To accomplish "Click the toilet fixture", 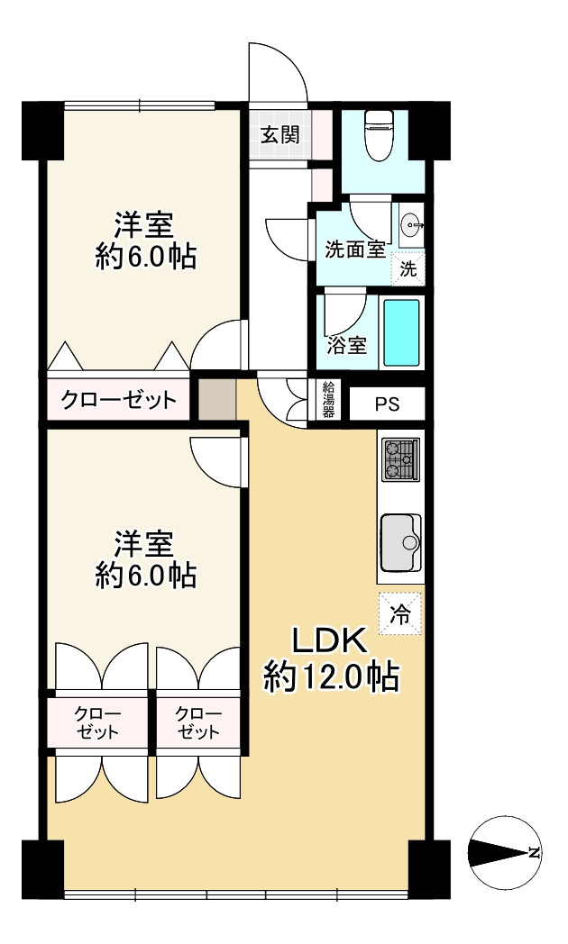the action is pos(380,135).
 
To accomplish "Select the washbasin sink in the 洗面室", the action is pos(412,227).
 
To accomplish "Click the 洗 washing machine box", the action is pos(408,268).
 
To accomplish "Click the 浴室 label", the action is pos(347,346).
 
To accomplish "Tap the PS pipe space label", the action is pos(388,404).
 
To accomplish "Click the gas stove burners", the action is pos(400,460).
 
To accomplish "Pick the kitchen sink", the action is pos(401,543).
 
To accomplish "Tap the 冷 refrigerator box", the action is pos(400,613).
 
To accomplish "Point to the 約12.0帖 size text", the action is pos(330,676).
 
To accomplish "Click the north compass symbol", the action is pos(505,852).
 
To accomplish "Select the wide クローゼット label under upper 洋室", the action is pos(119,400).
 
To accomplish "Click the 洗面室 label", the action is pos(355,249).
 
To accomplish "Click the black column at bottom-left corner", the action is pos(42,861).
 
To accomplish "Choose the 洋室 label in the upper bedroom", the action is pos(144,226).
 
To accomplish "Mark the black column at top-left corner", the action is pos(42,131).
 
